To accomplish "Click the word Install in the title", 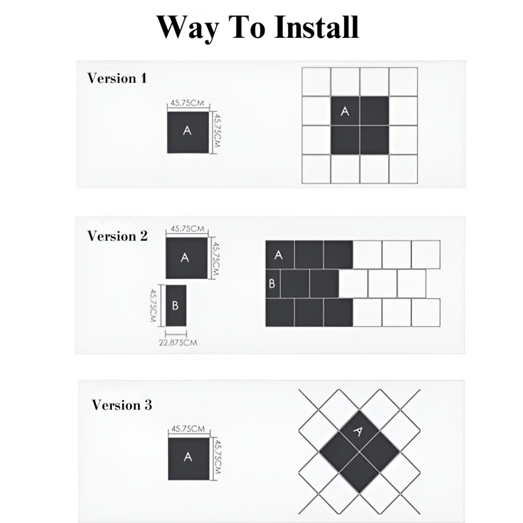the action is tap(317, 28).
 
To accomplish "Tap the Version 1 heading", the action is tap(117, 78).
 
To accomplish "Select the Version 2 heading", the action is tap(117, 236).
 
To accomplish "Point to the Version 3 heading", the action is tap(122, 405).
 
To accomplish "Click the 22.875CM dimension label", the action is tap(178, 343).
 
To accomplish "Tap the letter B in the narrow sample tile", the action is tap(176, 305).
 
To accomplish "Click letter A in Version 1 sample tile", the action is tap(187, 130).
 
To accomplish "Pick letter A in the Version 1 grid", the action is tap(345, 111).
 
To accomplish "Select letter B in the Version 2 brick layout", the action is tap(272, 283).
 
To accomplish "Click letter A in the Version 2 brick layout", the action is tap(278, 255).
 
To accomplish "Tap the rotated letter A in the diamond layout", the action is tap(357, 431).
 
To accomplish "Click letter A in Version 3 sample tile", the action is tap(188, 457).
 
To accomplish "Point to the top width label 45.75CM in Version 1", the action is tap(187, 103).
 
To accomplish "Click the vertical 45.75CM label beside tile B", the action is tap(153, 305).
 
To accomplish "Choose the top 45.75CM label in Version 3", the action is tap(188, 429).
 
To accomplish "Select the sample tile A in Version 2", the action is tap(186, 258).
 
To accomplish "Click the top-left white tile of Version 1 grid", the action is tap(316, 82).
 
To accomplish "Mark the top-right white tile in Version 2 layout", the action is tap(425, 254).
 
